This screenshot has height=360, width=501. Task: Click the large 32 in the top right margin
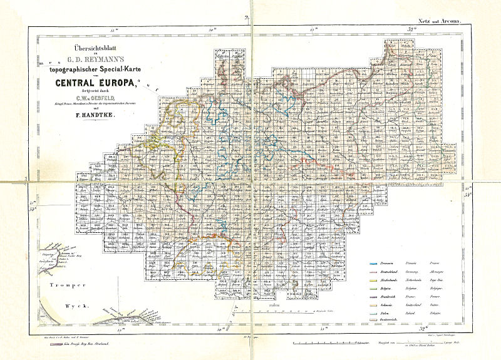412,29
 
